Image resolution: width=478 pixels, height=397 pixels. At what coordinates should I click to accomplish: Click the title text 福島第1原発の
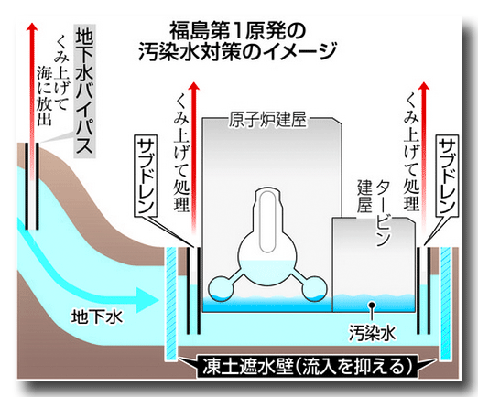[x=238, y=30]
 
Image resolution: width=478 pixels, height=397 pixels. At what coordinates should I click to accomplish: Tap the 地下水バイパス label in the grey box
[x=84, y=91]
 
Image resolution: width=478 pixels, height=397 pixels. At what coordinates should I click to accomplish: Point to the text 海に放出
[x=44, y=95]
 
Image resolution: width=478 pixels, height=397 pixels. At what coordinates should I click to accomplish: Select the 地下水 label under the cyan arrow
[x=97, y=317]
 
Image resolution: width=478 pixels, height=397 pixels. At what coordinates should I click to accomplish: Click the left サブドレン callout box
[x=147, y=176]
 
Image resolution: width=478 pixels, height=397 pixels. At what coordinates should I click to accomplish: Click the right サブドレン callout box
[x=448, y=176]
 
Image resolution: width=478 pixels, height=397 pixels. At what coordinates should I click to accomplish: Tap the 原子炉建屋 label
[x=267, y=119]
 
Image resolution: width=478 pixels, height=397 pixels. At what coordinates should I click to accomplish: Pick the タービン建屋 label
[x=374, y=208]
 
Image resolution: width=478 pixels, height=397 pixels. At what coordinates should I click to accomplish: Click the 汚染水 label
[x=372, y=333]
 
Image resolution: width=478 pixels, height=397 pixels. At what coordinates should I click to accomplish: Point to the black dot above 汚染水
[x=372, y=305]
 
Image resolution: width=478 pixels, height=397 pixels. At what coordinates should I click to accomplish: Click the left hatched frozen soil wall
[x=170, y=304]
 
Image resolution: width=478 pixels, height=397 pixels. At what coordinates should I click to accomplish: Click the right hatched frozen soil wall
[x=446, y=304]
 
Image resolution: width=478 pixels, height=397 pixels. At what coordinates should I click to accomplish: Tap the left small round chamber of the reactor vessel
[x=221, y=288]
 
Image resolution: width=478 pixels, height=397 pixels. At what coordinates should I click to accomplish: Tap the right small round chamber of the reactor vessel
[x=314, y=288]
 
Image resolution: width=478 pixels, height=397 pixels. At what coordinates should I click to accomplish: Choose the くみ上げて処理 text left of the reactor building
[x=181, y=153]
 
